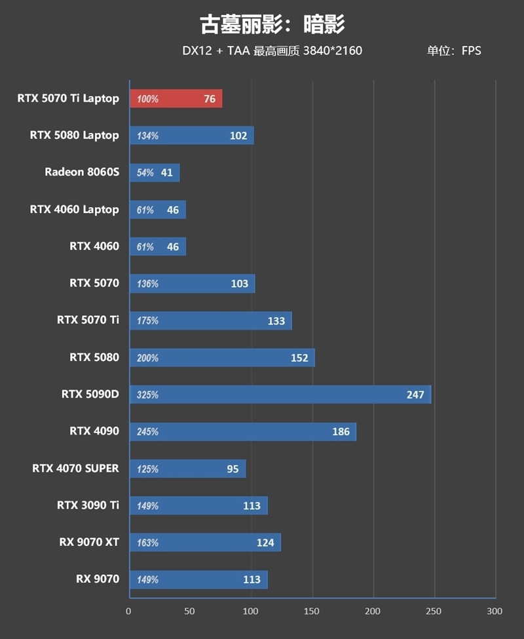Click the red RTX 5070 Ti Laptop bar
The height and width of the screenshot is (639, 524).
pos(176,99)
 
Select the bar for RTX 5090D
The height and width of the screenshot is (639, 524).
pos(280,395)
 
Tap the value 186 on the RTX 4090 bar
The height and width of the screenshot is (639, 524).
pos(341,432)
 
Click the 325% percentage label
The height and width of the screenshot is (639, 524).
pos(147,395)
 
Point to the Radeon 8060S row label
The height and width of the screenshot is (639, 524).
pos(82,172)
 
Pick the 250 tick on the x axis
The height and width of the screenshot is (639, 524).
pos(434,611)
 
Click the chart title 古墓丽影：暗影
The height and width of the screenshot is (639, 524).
pos(272,24)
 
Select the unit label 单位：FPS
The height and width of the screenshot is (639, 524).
pos(454,50)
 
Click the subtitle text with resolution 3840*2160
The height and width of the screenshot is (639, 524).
pos(272,50)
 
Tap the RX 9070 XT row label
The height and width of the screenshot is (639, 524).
pos(88,542)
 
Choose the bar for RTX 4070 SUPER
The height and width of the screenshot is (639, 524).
pos(188,469)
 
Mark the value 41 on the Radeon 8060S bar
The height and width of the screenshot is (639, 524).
pos(166,173)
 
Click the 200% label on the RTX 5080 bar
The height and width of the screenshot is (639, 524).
pos(147,358)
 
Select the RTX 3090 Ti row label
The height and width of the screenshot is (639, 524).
pos(88,505)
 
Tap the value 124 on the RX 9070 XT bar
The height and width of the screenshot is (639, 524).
pos(265,543)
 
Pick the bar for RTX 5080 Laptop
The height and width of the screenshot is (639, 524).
pos(192,136)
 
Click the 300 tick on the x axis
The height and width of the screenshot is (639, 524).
pos(495,611)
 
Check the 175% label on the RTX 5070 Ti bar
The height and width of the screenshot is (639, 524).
pos(147,321)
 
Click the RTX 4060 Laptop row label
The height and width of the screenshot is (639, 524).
pos(74,210)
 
